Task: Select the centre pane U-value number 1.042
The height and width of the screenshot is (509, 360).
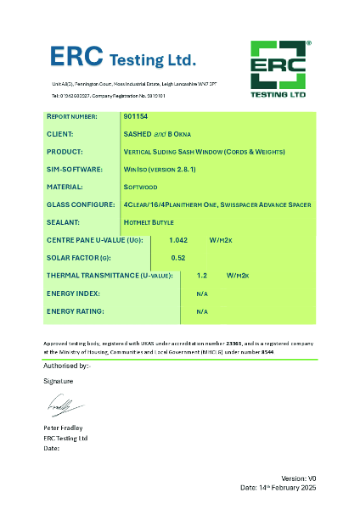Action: [x=179, y=240]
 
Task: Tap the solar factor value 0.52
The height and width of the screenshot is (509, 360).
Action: [x=178, y=257]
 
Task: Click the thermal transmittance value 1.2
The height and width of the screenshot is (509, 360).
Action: [x=202, y=276]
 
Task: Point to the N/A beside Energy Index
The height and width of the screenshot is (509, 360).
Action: [x=202, y=294]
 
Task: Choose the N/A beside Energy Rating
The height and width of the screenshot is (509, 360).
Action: [x=202, y=311]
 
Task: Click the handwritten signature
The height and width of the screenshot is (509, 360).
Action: [x=64, y=406]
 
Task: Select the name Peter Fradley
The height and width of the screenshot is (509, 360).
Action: [x=64, y=428]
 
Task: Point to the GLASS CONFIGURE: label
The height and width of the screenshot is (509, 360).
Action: [x=80, y=204]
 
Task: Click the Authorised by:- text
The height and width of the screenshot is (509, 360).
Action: [x=65, y=366]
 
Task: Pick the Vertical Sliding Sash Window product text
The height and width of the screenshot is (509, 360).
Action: [x=204, y=151]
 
